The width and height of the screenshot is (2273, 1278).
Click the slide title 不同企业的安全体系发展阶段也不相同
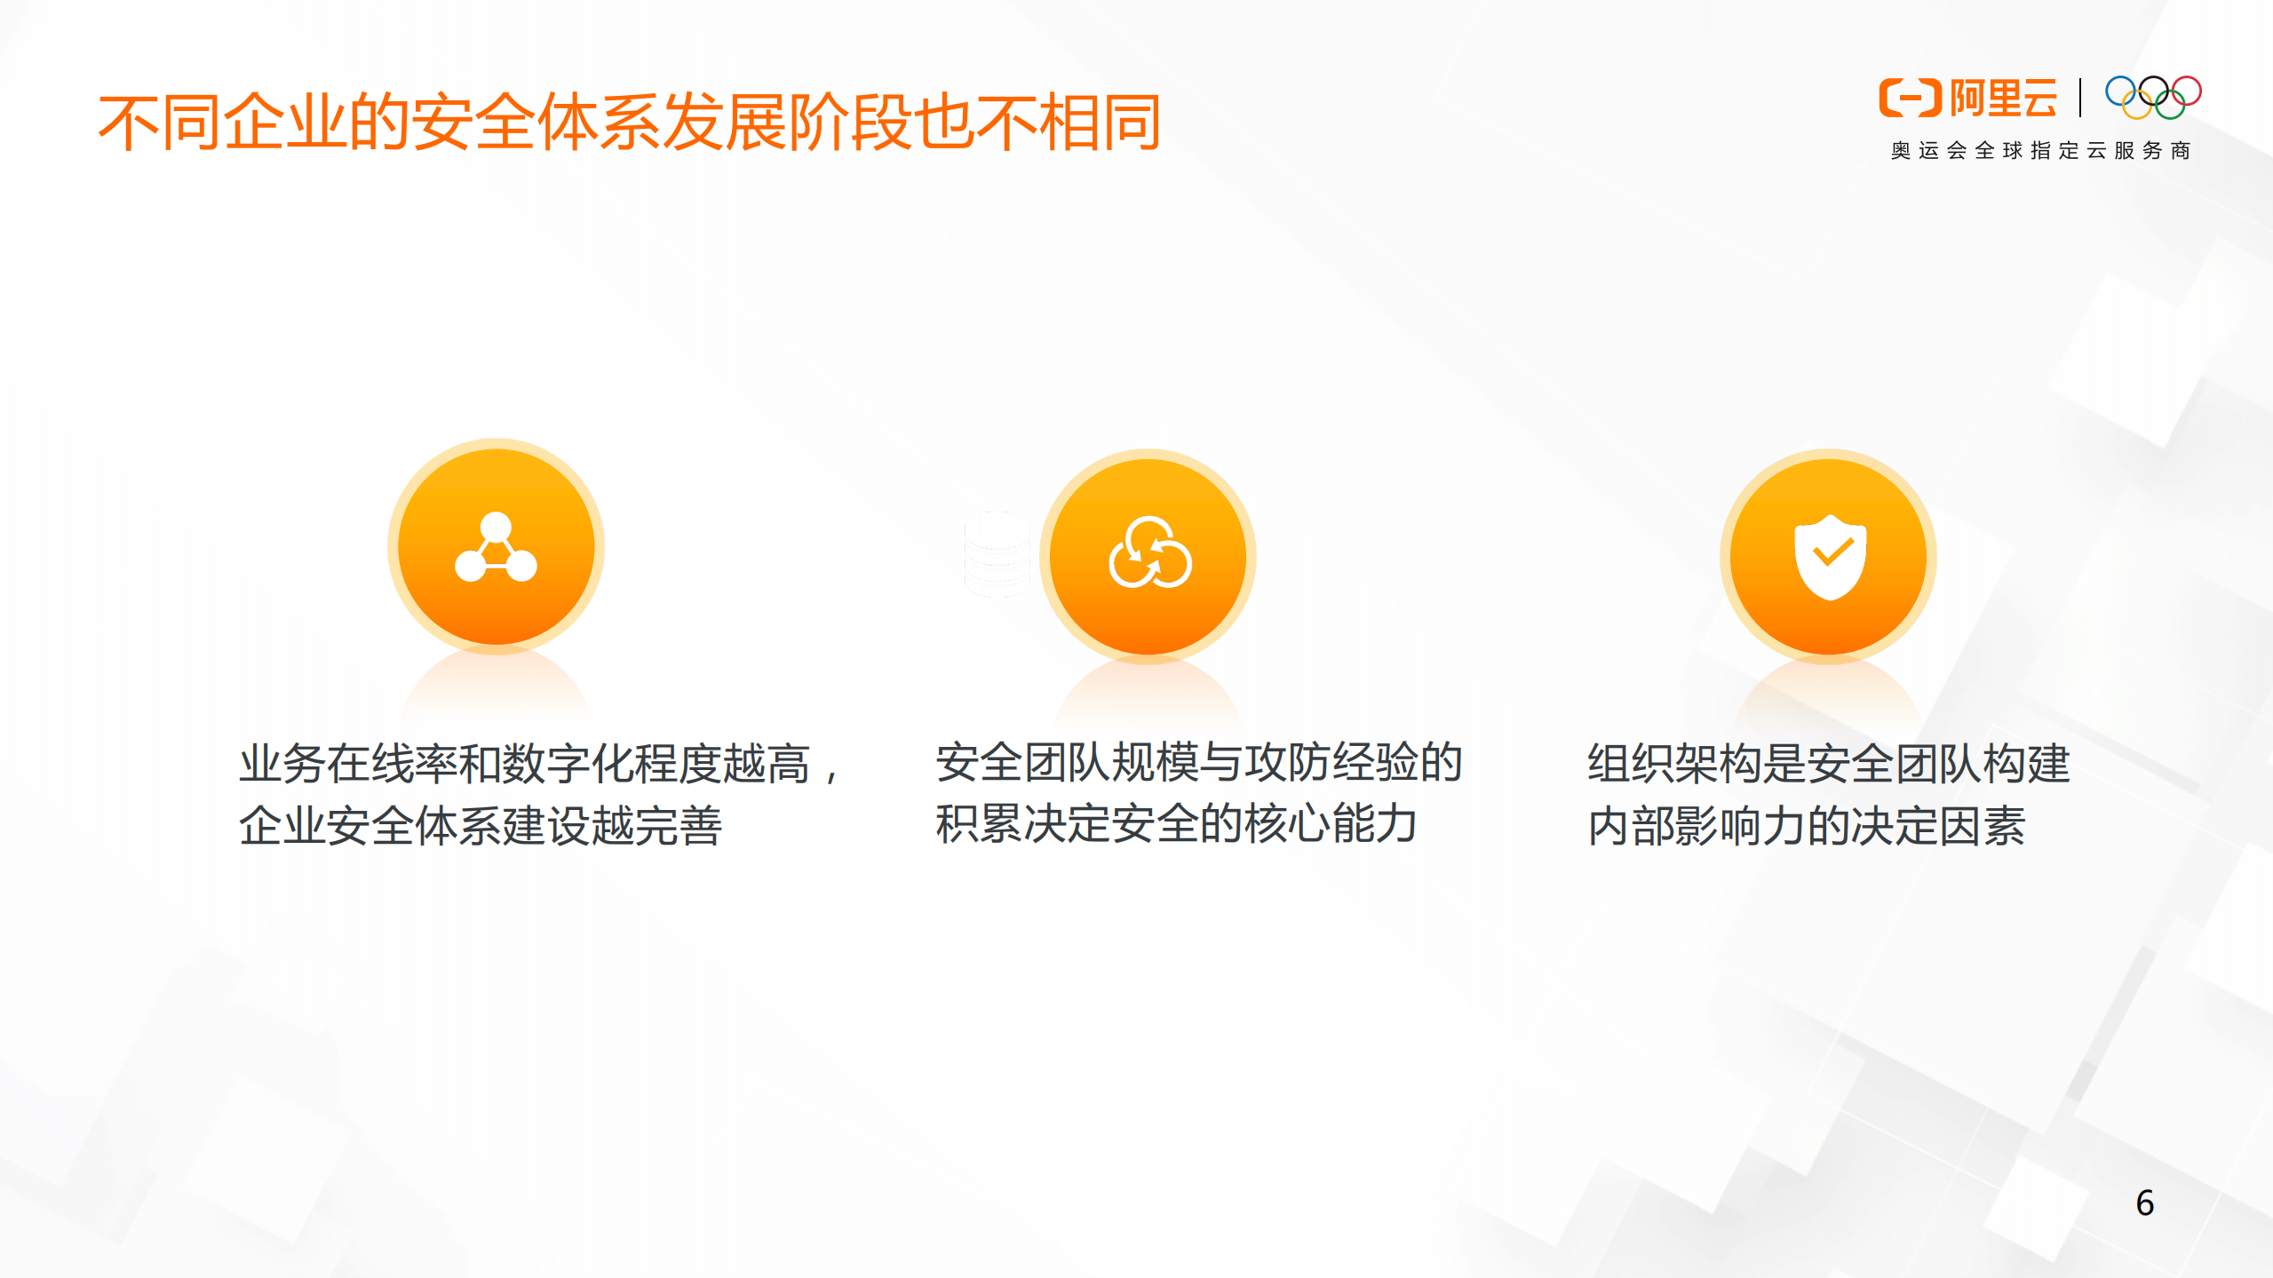(629, 123)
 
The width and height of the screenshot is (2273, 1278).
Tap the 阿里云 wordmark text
(2003, 98)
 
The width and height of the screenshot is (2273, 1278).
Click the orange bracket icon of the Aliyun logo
(1909, 98)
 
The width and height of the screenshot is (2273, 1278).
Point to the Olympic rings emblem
(2153, 97)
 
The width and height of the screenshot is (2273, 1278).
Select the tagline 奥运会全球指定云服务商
(2040, 151)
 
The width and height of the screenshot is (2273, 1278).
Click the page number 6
(2144, 1203)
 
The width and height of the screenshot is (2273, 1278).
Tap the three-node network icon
(496, 547)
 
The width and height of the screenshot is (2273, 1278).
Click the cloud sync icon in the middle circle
(1149, 554)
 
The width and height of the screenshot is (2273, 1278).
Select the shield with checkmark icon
(1830, 557)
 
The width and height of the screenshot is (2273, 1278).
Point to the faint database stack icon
(997, 554)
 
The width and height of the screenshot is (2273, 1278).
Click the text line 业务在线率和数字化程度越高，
(538, 764)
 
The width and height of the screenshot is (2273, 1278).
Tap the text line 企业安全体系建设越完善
(480, 826)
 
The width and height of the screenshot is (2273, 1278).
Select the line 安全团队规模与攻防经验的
(1198, 762)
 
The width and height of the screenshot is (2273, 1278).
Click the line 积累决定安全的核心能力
(1175, 824)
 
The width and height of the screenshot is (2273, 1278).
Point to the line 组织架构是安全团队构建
(1829, 764)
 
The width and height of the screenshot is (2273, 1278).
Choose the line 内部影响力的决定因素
(1806, 826)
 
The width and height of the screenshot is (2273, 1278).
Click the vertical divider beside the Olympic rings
(2080, 98)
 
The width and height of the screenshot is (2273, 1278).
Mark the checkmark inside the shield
(1832, 553)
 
